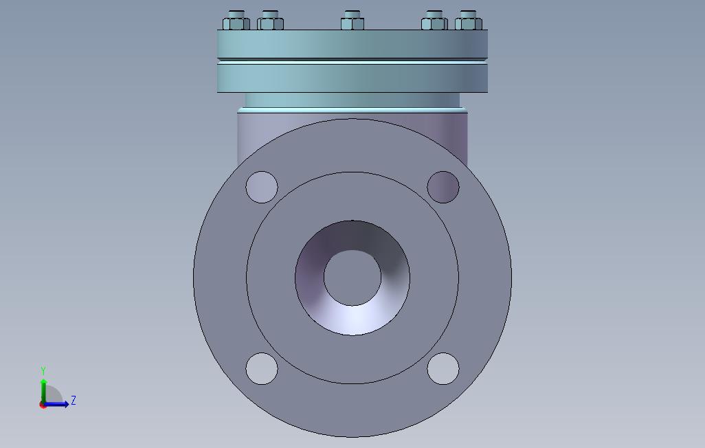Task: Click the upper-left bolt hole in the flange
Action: coord(262,187)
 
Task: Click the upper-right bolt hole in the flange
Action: coord(443,187)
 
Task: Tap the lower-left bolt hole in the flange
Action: coord(262,368)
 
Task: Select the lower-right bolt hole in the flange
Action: coord(443,368)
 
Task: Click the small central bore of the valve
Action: coord(352,278)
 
